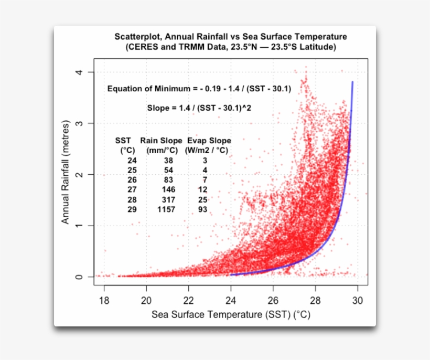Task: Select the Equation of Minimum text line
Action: click(x=199, y=89)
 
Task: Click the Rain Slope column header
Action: click(x=161, y=141)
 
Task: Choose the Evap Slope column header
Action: click(x=208, y=141)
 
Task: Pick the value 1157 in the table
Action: click(x=162, y=209)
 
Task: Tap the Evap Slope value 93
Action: click(x=202, y=209)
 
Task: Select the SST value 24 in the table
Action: click(x=132, y=160)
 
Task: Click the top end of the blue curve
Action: click(x=352, y=82)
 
